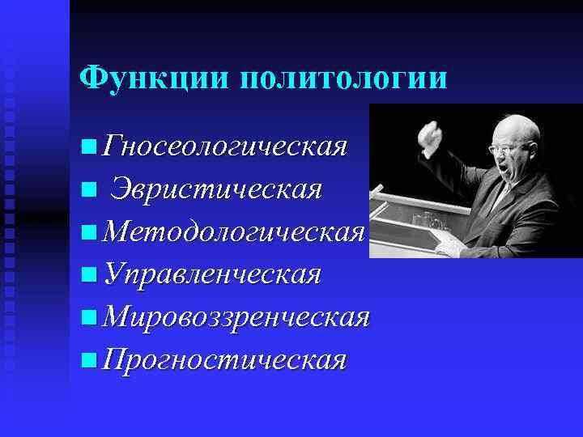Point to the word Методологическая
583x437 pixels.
[x=235, y=232]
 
